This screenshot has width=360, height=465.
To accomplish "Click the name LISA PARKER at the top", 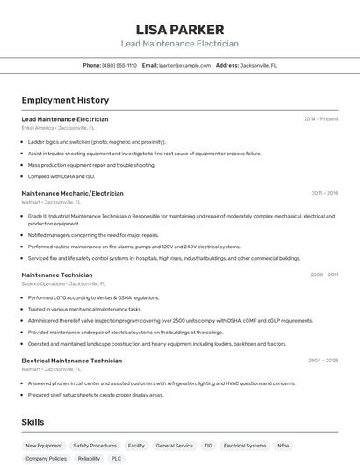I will pos(179,30).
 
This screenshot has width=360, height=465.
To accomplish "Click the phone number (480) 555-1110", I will pos(119,65).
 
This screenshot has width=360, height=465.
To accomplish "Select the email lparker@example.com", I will pos(184,65).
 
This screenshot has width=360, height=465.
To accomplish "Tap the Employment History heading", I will pos(65,100).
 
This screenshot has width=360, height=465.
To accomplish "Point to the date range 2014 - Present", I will pos(320,119).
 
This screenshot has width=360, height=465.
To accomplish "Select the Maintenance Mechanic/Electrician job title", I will pos(72,193).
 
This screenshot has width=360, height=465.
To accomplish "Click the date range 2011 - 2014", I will pos(324,193).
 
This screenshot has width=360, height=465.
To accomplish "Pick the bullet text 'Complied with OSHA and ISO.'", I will pos(61,176).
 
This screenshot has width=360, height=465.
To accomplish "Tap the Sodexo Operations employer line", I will pos(63,284).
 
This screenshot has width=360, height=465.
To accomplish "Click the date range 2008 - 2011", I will pos(324,275).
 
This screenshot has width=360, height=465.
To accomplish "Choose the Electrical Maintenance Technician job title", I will pos(71,361).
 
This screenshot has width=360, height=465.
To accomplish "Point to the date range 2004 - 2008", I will pos(323,361).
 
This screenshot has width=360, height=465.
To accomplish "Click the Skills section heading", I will pos(32,422).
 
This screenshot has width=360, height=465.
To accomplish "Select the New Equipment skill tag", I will pos(44,446).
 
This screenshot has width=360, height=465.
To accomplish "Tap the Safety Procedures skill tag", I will pos(95,446).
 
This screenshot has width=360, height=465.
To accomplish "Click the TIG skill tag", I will pos(208,446).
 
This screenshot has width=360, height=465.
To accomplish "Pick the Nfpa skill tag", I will pos(283,446).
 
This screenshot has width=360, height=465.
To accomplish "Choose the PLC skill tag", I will pos(116,459).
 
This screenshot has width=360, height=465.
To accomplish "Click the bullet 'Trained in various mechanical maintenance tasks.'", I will pos(84,309).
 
